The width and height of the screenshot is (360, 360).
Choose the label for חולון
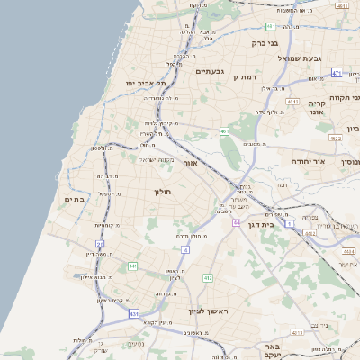click(x=163, y=191)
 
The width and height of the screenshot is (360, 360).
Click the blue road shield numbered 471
click(x=337, y=73)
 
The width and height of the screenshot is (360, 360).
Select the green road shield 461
click(x=224, y=132)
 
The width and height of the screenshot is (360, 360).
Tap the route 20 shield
click(x=101, y=244)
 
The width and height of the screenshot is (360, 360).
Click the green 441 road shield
click(x=132, y=266)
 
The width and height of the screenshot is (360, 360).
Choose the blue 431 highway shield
click(x=134, y=313)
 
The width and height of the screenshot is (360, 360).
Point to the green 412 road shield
click(x=208, y=278)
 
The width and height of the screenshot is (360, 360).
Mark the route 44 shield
click(x=236, y=221)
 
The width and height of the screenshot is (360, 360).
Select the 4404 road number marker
click(x=347, y=252)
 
